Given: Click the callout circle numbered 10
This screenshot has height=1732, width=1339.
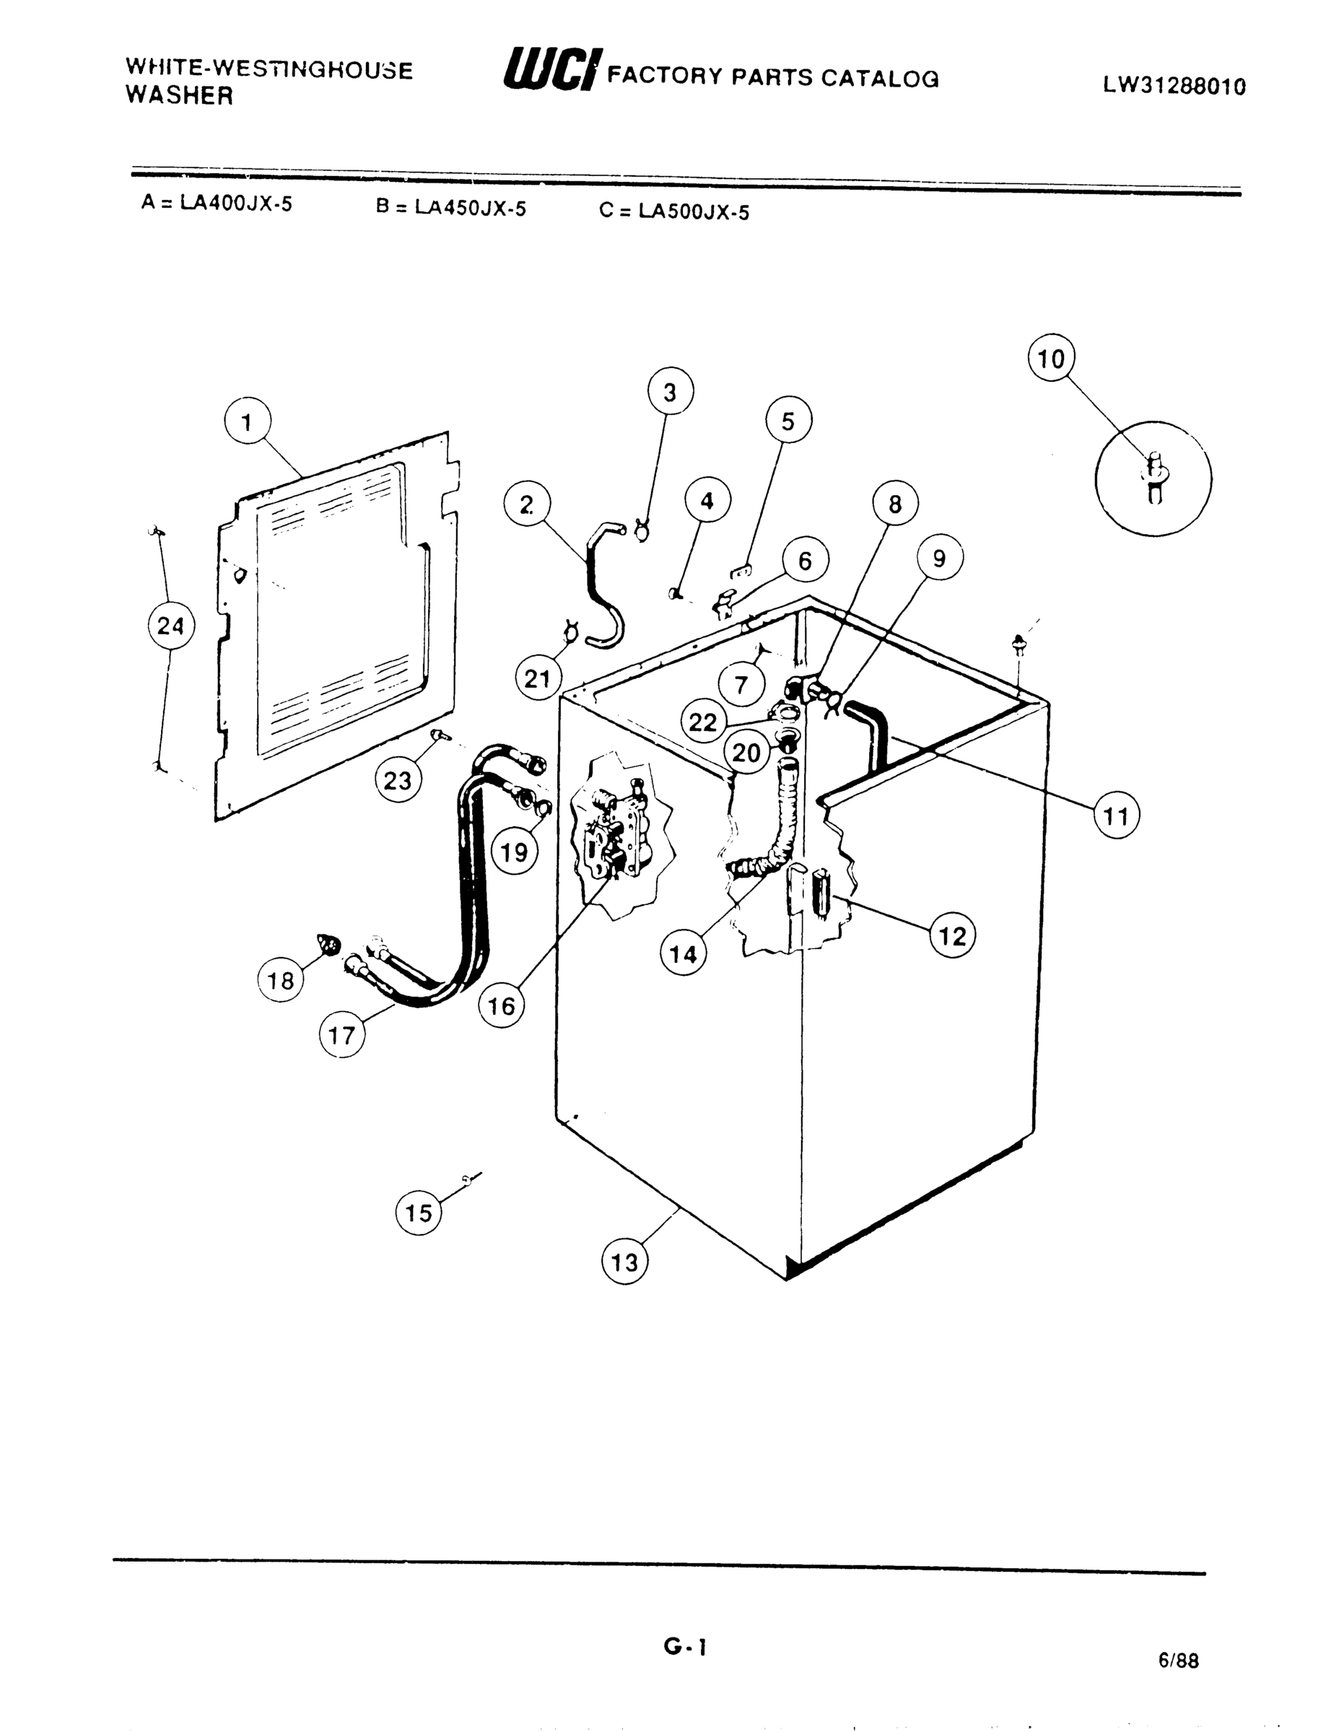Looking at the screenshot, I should click(1051, 359).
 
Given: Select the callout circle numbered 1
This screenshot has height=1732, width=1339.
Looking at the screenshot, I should click(248, 423).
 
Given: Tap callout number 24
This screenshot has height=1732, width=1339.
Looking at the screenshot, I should click(171, 626).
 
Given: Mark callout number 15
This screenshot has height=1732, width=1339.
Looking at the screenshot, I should click(419, 1212).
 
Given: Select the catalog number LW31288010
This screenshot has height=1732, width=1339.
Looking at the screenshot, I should click(1174, 86).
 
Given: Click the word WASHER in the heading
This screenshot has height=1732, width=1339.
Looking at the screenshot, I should click(179, 96).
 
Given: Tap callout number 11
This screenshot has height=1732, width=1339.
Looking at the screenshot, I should click(1116, 815).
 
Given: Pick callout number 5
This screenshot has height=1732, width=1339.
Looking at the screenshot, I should click(788, 421).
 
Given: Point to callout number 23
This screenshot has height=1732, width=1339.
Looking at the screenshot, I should click(398, 780).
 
